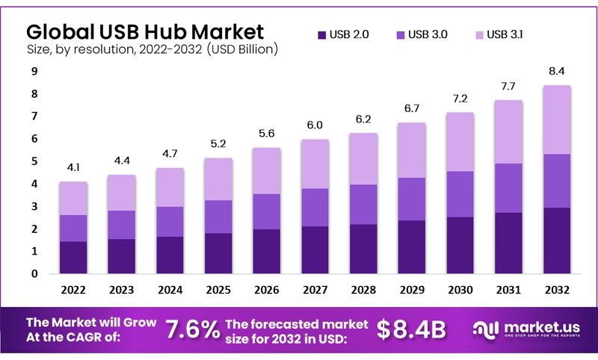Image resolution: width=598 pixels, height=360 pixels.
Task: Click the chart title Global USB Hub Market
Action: click(145, 31)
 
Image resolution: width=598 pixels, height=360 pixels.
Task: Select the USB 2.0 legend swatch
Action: click(322, 34)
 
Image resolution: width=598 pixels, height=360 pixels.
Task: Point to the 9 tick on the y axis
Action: click(34, 72)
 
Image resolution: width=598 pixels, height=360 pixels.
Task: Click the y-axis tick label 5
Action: click(34, 161)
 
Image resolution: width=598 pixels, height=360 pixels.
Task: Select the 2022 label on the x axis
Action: click(73, 290)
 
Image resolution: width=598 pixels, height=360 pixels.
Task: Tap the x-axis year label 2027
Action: click(314, 290)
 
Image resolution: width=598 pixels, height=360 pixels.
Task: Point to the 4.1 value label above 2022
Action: click(73, 168)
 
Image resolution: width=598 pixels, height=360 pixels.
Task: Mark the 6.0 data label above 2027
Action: click(314, 125)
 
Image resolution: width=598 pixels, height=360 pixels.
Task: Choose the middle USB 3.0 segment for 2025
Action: click(218, 217)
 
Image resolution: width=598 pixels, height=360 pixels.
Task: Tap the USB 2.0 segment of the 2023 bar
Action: click(121, 256)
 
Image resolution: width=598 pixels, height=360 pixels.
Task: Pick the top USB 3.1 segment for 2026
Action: click(266, 171)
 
